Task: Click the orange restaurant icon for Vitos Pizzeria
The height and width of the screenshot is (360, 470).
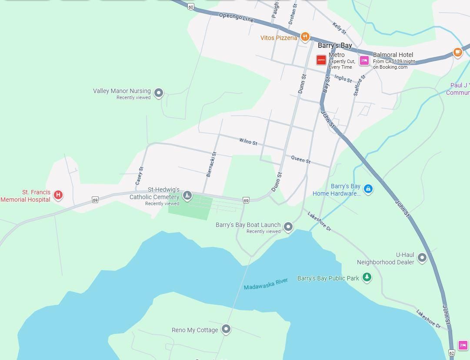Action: click(x=305, y=37)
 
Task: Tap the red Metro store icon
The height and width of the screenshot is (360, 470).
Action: click(x=321, y=60)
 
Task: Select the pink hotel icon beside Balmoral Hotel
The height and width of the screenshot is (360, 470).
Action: click(x=364, y=60)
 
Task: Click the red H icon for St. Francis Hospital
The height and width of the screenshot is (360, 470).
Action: click(x=58, y=195)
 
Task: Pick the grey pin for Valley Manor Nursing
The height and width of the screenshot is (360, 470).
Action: click(x=159, y=93)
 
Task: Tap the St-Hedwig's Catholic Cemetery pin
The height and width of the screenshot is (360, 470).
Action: click(x=187, y=195)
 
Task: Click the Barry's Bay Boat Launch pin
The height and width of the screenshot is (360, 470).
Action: click(x=288, y=227)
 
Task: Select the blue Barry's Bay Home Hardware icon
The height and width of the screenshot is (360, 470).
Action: click(x=368, y=189)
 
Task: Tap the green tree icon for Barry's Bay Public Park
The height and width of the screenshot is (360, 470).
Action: click(x=367, y=277)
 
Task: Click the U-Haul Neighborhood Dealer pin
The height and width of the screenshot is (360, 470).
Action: click(x=422, y=258)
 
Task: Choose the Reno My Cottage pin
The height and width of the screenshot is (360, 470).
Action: click(x=226, y=329)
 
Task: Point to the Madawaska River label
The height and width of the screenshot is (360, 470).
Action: click(x=266, y=284)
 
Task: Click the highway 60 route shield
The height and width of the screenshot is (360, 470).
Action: click(x=191, y=7)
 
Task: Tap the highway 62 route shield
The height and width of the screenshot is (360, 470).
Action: click(x=451, y=353)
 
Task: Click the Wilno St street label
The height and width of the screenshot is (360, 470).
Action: click(x=248, y=142)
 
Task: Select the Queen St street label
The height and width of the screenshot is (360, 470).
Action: click(x=301, y=160)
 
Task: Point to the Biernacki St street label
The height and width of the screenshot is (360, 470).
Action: click(x=211, y=164)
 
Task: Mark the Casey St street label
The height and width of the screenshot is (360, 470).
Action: click(x=139, y=176)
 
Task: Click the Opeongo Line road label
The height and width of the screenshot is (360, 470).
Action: click(x=236, y=17)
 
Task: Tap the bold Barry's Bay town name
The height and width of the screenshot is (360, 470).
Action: click(x=335, y=46)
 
